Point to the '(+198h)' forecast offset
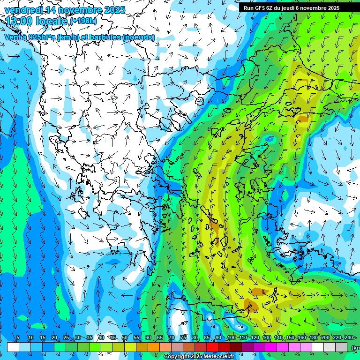click(84, 21)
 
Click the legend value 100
click(231, 338)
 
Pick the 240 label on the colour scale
click(348, 338)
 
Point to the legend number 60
click(148, 338)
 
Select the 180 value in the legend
click(313, 338)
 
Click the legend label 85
click(207, 338)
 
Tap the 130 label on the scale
click(266, 338)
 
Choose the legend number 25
click(66, 338)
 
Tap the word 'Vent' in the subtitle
click(12, 37)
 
